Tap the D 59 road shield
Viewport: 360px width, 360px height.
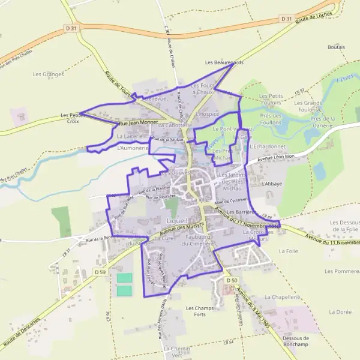(x=100, y=272)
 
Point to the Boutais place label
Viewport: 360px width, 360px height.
(x=336, y=47)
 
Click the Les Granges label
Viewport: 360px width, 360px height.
(x=49, y=74)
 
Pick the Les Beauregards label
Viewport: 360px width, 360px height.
(x=224, y=62)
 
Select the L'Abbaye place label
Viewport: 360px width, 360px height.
(x=271, y=185)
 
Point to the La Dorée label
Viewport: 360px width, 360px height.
(x=340, y=312)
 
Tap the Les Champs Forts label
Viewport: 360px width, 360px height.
(x=196, y=311)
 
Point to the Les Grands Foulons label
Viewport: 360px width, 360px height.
(x=307, y=106)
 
